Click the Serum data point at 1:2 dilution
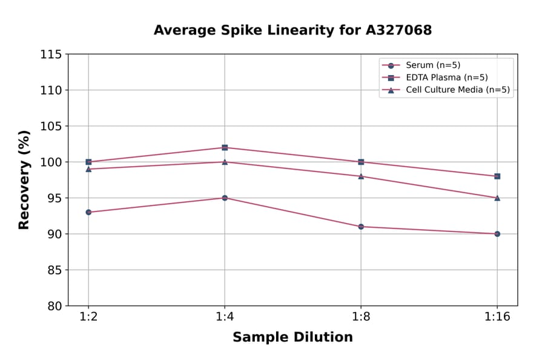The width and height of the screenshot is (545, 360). (88, 212)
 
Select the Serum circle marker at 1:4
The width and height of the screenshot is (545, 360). (225, 198)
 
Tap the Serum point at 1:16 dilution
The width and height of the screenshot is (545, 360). (497, 233)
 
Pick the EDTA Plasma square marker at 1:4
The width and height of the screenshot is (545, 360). (225, 147)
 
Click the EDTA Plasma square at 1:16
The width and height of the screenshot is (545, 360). (497, 176)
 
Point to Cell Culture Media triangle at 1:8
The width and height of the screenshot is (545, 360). (361, 176)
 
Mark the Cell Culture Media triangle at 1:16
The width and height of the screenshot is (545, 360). (497, 198)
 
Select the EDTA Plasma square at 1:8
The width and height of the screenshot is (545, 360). (361, 162)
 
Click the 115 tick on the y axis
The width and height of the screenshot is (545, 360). (51, 55)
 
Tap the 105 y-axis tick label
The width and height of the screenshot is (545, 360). (51, 126)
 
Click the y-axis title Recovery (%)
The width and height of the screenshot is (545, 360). (24, 180)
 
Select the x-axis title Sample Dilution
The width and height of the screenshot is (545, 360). (292, 338)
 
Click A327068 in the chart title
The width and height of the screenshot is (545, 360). (399, 30)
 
